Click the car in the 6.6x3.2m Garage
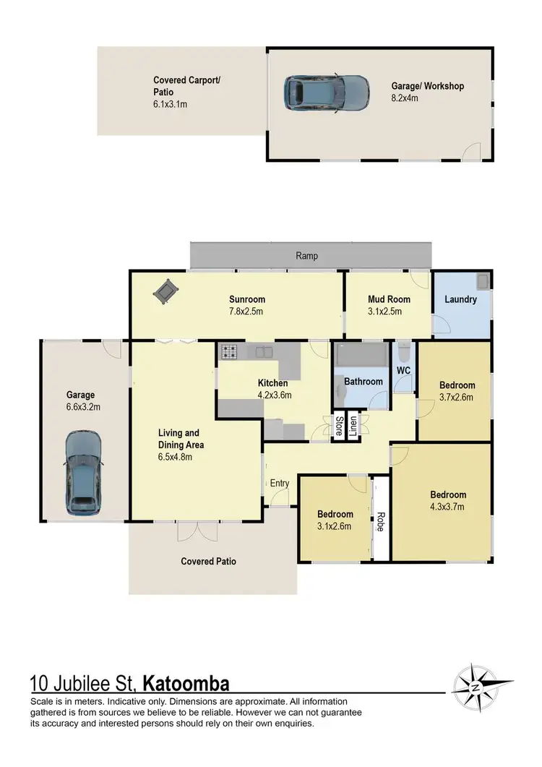[x=83, y=472]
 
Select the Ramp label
[x=306, y=256]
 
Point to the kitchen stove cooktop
[x=230, y=352]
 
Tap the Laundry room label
[x=460, y=299]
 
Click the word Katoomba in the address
[x=186, y=683]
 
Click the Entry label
[x=279, y=483]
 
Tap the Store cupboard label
[x=338, y=427]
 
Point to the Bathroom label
[x=363, y=381]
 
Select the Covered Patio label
[x=208, y=561]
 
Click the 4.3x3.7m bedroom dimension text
[x=448, y=507]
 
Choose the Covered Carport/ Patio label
[x=186, y=86]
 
